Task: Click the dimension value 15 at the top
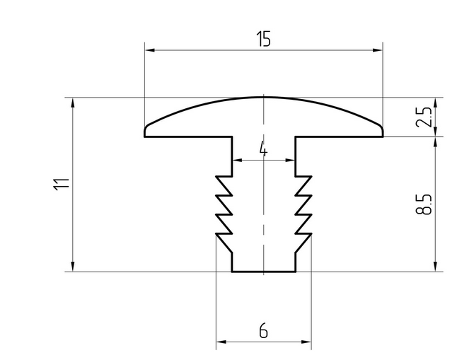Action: (x=263, y=40)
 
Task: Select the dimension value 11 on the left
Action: (x=62, y=184)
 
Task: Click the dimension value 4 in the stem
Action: (x=263, y=150)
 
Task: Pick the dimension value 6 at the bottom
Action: (x=263, y=331)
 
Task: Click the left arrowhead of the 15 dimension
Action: (x=149, y=50)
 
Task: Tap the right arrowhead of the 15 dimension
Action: (x=378, y=50)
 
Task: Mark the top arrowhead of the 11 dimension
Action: (x=73, y=102)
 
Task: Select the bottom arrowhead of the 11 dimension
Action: (x=73, y=267)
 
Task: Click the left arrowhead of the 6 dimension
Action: (x=220, y=344)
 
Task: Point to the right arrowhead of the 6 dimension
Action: (x=306, y=344)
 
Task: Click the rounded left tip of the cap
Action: (x=146, y=130)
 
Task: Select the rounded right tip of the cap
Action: (x=381, y=130)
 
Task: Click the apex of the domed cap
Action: (x=263, y=97)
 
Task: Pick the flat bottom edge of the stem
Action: (x=263, y=271)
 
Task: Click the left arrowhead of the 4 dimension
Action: (x=236, y=161)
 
